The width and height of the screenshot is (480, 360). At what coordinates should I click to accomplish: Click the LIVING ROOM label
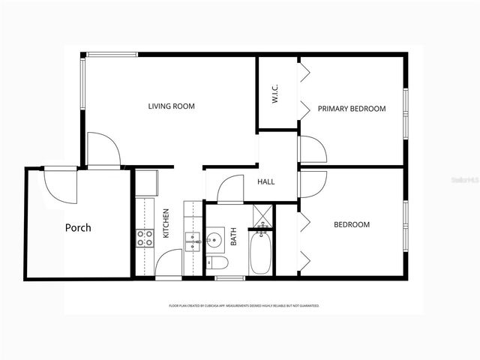pos(171,106)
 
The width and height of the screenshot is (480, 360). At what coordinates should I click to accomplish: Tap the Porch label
pos(78,227)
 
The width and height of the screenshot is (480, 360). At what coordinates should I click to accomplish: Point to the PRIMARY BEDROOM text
pos(351,109)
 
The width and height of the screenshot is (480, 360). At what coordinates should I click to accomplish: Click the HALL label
pos(266,182)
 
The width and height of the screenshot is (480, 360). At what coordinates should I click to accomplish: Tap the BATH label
pos(233,237)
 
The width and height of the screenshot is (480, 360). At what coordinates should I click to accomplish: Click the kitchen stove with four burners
pos(145,239)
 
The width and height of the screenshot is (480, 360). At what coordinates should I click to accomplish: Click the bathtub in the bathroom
pos(262,253)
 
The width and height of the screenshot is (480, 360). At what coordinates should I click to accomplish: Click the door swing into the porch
pos(60,184)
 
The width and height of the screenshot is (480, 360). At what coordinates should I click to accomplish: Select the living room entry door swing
pos(103,149)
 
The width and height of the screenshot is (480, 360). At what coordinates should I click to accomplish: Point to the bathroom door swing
pos(230,188)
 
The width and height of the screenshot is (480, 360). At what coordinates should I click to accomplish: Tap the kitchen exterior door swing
pos(169,263)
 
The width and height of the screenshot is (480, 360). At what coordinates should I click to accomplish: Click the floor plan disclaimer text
pos(244,306)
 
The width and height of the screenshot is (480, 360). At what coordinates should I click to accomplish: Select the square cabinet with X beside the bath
pos(262,215)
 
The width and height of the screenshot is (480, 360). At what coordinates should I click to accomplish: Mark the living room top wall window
pos(112,54)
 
